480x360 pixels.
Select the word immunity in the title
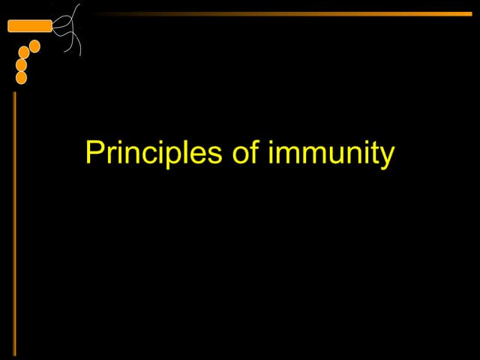point(330,154)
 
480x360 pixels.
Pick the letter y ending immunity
point(387,157)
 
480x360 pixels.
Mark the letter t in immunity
point(375,154)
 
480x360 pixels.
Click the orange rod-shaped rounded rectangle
point(29,26)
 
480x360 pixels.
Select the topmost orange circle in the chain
point(34,46)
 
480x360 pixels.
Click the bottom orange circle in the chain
point(21,77)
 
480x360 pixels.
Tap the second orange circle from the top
point(24,52)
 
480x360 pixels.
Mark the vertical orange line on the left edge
point(14,225)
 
